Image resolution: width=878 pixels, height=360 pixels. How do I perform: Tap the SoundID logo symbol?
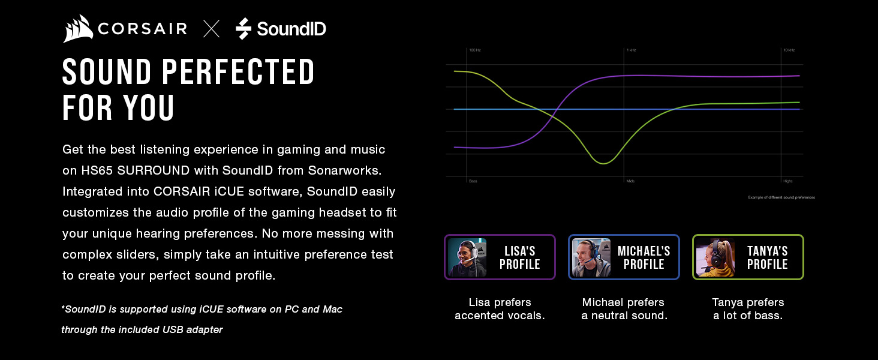pos(243,29)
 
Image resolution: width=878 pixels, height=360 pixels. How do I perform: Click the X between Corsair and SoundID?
pos(211,29)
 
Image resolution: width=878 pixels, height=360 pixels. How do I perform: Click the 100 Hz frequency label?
pos(475,50)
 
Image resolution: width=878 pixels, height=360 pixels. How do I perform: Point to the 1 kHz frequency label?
pos(631,50)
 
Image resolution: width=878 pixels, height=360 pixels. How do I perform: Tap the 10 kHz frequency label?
pos(789,50)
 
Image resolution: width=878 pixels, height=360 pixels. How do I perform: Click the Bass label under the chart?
pos(473,181)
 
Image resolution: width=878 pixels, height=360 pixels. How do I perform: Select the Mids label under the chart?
pos(630,181)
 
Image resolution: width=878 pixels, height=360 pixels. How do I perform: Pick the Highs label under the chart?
pos(787,181)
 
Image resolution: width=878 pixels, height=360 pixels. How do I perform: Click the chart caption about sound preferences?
pos(781,197)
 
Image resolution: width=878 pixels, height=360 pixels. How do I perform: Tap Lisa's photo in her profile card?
pos(467,257)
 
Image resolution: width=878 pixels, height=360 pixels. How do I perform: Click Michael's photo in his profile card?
pos(591,257)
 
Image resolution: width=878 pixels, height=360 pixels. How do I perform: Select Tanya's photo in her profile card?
pos(715,257)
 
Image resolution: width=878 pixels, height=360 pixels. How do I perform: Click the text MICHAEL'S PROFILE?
pos(644,257)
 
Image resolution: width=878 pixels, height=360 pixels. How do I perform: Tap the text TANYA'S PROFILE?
pos(767,257)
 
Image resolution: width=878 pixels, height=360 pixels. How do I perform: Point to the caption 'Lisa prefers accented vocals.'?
pos(500,309)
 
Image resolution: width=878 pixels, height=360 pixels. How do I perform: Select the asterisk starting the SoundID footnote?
pos(63,308)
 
